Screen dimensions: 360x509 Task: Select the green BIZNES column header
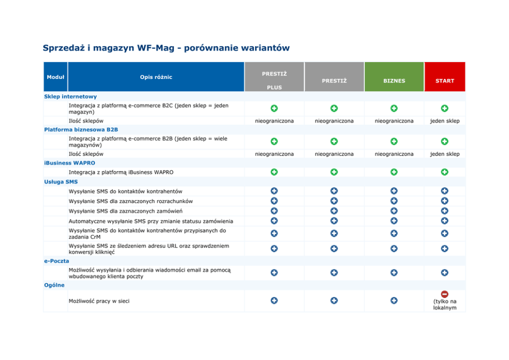[x=394, y=81]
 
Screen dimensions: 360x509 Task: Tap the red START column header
[x=444, y=81]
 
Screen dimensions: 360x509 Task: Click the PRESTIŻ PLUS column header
[x=274, y=80]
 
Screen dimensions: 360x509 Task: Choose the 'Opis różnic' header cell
[x=156, y=77]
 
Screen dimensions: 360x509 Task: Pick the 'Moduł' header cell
[x=55, y=77]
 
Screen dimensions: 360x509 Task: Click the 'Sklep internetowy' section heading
[x=70, y=96]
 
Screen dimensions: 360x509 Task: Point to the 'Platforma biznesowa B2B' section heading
[x=81, y=130]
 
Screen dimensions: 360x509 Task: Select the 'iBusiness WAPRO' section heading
[x=70, y=163]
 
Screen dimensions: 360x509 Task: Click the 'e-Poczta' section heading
[x=56, y=261]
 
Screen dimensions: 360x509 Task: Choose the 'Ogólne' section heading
[x=54, y=285]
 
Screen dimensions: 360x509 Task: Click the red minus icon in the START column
[x=444, y=294]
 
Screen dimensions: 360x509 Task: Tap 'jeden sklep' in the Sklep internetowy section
[x=444, y=121]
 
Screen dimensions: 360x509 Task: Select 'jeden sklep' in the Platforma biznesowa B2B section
[x=444, y=154]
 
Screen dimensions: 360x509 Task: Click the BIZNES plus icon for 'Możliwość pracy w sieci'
[x=394, y=301]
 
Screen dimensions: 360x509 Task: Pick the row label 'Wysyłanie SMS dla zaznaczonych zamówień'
[x=126, y=211]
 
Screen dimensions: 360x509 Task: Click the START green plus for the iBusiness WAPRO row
[x=444, y=172]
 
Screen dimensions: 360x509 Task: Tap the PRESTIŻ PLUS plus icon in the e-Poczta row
[x=274, y=273]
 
